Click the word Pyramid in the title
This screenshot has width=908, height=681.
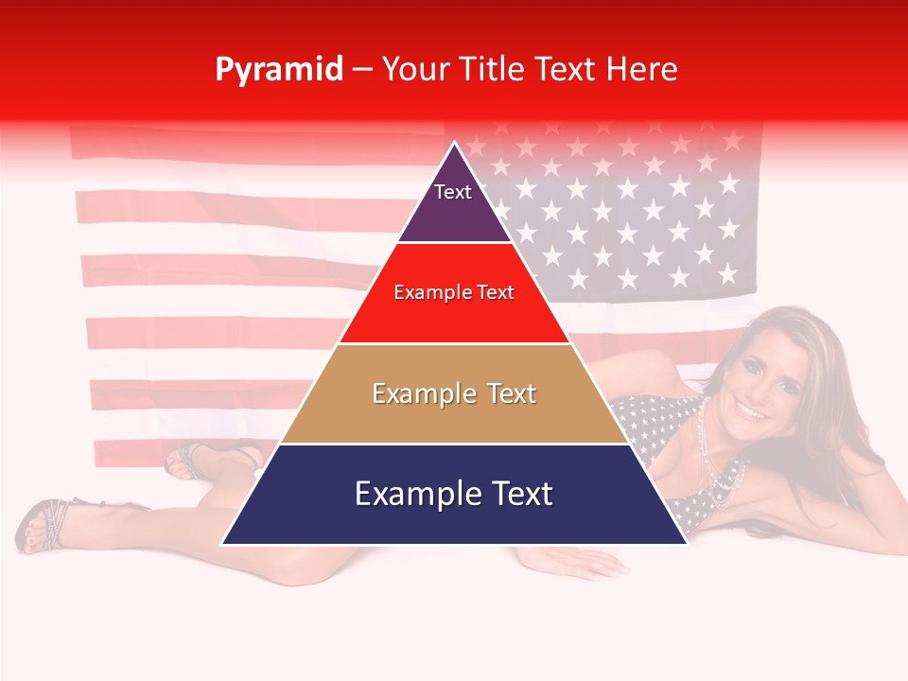point(278,70)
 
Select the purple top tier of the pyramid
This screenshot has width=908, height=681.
point(455,203)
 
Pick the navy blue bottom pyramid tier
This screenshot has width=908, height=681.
point(455,515)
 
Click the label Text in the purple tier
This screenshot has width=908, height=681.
point(452,192)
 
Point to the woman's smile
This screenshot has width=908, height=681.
point(753,411)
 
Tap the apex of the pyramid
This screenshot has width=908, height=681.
point(455,145)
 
